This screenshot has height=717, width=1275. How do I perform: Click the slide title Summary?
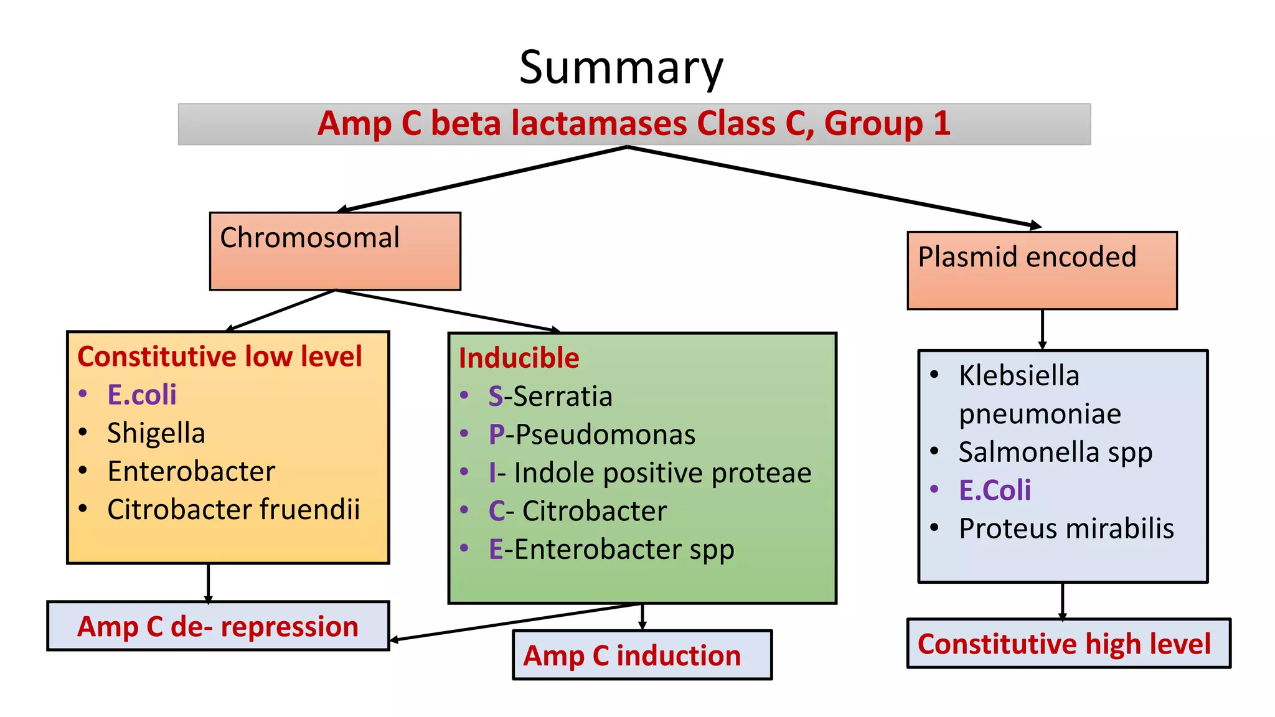click(x=621, y=67)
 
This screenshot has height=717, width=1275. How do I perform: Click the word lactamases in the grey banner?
click(x=598, y=123)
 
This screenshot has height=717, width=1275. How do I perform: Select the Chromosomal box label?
click(x=309, y=238)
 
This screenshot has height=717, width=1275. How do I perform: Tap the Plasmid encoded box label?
click(x=1027, y=257)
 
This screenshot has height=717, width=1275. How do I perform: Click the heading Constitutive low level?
click(x=219, y=357)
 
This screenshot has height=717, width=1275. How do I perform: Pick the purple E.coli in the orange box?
click(x=141, y=395)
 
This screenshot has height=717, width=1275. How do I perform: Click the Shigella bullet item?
click(x=156, y=433)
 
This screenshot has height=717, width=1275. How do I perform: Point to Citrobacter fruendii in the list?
click(x=233, y=509)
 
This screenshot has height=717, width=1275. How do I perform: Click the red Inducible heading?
click(x=519, y=358)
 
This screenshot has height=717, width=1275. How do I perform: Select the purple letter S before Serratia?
click(x=496, y=396)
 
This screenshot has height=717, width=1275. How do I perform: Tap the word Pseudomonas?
click(x=605, y=434)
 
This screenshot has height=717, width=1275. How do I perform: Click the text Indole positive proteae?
click(x=662, y=473)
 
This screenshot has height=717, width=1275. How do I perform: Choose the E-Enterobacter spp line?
click(x=611, y=550)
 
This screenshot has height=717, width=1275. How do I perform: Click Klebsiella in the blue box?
click(x=1019, y=376)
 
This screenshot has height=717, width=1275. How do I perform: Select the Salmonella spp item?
click(x=1055, y=452)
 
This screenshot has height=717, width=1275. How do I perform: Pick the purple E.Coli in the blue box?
click(x=994, y=490)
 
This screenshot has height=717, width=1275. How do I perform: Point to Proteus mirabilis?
click(x=1066, y=528)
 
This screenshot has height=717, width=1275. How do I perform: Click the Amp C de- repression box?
click(x=218, y=627)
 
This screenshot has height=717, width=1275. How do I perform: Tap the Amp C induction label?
click(x=632, y=656)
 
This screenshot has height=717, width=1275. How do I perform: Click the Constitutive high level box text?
click(x=1064, y=644)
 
